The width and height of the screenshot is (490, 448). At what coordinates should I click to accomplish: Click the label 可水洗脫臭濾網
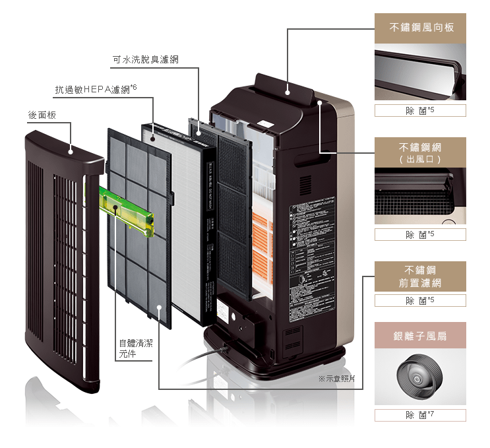click(x=145, y=60)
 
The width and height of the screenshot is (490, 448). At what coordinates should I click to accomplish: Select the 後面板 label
click(x=42, y=115)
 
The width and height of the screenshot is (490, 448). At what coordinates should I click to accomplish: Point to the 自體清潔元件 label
click(x=134, y=348)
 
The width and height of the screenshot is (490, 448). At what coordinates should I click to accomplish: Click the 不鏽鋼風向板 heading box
click(x=420, y=28)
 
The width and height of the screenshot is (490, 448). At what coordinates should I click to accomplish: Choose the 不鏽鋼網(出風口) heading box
click(x=420, y=152)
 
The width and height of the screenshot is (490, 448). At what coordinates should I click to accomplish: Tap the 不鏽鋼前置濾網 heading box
click(x=420, y=276)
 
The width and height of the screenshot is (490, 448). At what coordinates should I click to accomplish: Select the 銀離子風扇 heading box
click(x=420, y=336)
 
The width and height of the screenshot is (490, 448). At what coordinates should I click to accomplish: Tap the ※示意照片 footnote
click(x=336, y=379)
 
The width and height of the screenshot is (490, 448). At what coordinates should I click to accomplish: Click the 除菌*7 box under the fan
click(x=420, y=415)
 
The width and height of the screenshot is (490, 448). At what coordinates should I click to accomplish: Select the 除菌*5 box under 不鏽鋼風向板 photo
click(x=420, y=110)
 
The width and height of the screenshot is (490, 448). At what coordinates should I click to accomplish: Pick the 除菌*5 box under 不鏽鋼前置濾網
click(x=420, y=301)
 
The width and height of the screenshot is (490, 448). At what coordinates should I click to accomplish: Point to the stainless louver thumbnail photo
click(x=420, y=73)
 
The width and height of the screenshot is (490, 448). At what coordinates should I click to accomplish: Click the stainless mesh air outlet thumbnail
click(x=420, y=196)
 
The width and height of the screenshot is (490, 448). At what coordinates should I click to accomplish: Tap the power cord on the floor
click(x=198, y=360)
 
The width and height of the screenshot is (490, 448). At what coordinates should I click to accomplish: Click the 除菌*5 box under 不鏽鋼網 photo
click(x=420, y=235)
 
